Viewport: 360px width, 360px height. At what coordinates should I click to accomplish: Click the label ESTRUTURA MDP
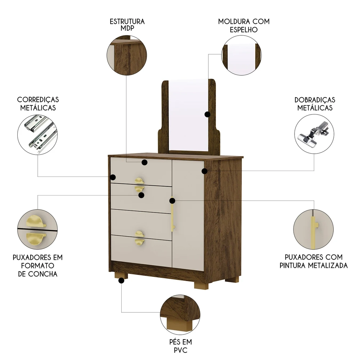click(x=127, y=25)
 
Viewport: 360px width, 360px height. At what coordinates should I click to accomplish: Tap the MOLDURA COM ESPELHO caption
click(x=244, y=26)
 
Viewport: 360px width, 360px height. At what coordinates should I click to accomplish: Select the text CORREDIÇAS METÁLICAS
click(x=38, y=103)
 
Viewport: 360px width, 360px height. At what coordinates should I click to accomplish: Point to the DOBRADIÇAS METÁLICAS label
click(x=315, y=104)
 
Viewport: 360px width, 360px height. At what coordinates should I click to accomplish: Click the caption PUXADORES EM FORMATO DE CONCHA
click(x=37, y=266)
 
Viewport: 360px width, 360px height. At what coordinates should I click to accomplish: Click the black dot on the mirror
click(x=207, y=114)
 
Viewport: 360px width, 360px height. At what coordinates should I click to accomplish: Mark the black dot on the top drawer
click(x=144, y=163)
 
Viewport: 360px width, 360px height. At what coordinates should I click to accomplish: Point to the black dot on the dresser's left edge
click(x=113, y=177)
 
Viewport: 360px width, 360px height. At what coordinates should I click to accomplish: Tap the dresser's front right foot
click(x=201, y=284)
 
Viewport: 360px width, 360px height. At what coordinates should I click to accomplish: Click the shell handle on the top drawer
click(x=139, y=180)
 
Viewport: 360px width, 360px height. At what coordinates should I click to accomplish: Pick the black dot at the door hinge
click(x=204, y=171)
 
